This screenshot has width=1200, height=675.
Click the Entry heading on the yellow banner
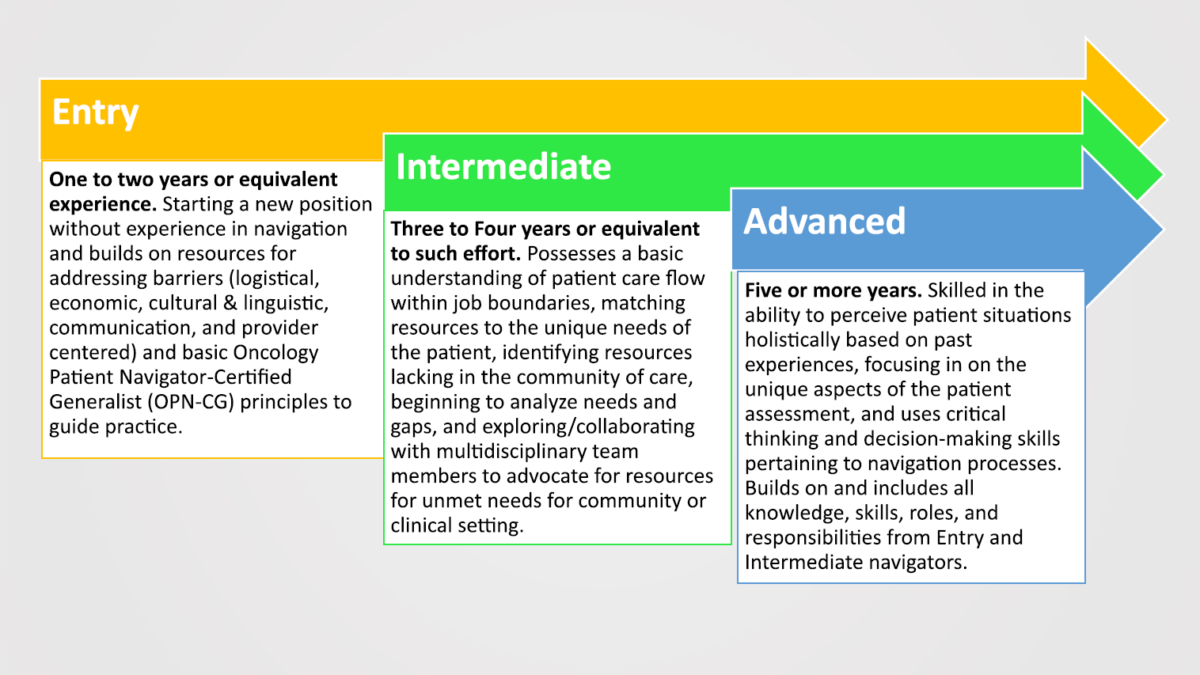(x=95, y=112)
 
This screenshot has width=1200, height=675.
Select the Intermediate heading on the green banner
(x=503, y=167)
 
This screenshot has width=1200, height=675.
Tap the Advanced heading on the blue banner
(x=824, y=222)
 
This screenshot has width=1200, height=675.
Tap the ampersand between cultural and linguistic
(x=230, y=303)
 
